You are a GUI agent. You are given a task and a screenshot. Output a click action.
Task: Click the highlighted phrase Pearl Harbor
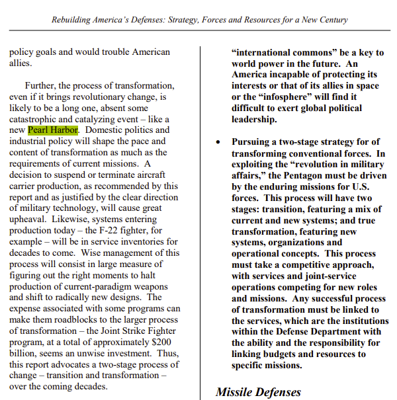53,130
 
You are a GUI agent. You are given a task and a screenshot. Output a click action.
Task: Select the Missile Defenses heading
258,391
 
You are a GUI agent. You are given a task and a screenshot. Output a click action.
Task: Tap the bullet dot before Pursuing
218,142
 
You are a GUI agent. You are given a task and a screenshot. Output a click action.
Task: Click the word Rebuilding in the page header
74,20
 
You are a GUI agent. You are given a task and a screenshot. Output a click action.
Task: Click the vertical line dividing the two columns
201,218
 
